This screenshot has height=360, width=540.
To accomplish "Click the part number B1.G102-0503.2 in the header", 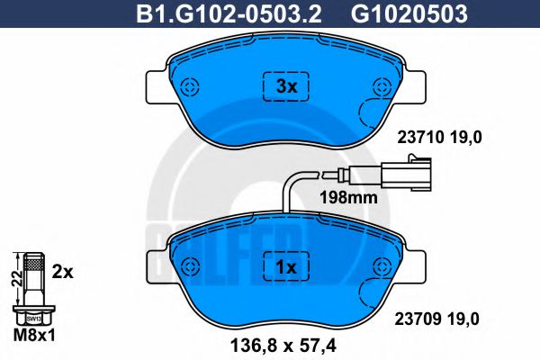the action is coord(229,14).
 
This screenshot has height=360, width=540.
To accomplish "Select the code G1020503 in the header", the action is coord(409,14).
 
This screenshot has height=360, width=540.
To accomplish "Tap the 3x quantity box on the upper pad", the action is coord(286,86).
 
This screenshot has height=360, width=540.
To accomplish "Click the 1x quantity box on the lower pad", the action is coord(286,266).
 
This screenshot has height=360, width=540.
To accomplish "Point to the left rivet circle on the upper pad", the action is coord(190,85).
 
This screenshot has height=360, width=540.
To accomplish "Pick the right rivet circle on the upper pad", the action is coord(382,85).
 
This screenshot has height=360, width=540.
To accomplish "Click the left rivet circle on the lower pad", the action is coord(190,266).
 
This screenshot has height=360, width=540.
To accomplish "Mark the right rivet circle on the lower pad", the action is coord(382,266).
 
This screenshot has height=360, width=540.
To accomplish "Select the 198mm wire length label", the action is coord(348,198).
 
